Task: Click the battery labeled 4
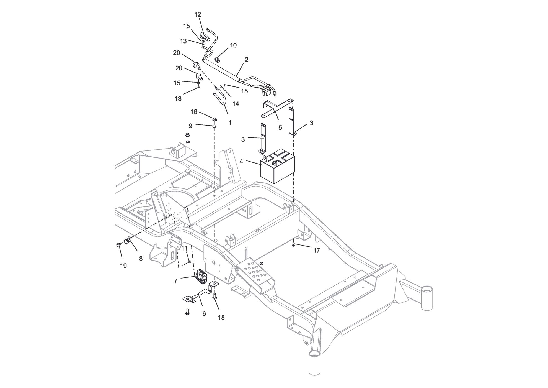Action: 278,166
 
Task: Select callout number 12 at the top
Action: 198,15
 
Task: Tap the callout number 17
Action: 317,251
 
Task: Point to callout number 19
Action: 123,266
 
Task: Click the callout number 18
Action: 221,318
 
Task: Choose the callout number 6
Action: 204,314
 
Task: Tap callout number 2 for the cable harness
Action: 247,59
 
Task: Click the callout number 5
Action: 280,128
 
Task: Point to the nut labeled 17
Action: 294,245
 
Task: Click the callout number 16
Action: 194,112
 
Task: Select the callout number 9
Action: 190,126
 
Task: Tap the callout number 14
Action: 236,104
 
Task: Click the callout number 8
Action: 141,259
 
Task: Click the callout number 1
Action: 230,122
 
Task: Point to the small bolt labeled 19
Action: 118,245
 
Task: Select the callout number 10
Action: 233,45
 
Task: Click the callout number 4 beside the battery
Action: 241,161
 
